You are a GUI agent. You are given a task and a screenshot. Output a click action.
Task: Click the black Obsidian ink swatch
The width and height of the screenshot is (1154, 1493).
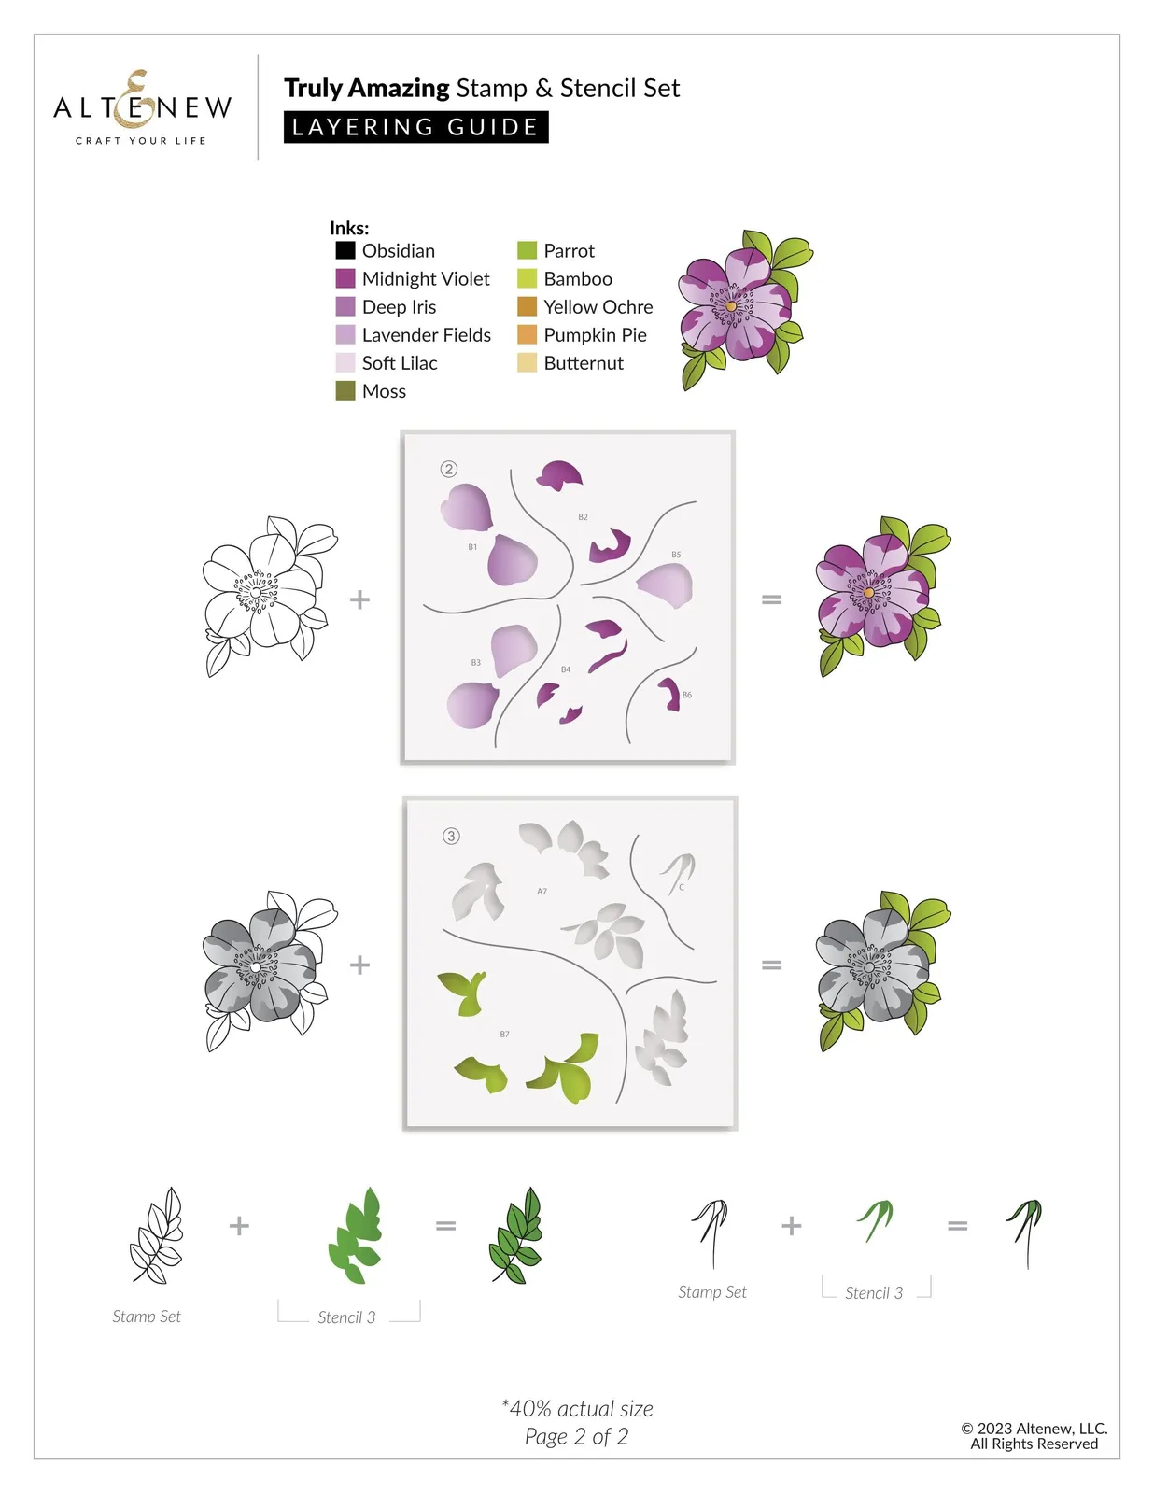[345, 250]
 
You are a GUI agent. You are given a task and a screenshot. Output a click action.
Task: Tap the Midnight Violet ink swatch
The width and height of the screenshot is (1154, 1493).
[345, 278]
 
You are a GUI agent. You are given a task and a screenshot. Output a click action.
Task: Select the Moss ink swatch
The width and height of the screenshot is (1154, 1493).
[345, 391]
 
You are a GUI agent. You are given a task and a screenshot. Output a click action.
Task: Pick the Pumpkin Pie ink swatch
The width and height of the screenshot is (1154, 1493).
[527, 334]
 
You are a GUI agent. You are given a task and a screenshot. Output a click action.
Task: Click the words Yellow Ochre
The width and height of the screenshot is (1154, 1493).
[598, 306]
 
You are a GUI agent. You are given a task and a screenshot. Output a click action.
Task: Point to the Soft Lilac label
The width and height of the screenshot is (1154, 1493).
[400, 363]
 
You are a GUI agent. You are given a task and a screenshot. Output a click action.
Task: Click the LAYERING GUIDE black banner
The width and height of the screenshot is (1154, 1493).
[415, 127]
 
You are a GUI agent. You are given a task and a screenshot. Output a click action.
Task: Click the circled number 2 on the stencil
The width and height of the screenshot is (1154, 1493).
[448, 470]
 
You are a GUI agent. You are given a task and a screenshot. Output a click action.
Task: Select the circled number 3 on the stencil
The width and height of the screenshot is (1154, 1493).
[451, 837]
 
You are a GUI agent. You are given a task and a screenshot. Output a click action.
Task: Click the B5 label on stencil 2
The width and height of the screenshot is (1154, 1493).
[676, 555]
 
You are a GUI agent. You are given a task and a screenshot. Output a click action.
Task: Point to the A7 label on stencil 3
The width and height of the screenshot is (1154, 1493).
[542, 891]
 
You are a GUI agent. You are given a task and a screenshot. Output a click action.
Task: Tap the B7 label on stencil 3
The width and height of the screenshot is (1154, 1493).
[504, 1034]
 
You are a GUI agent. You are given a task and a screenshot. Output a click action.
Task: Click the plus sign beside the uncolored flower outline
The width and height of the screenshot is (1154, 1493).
[359, 599]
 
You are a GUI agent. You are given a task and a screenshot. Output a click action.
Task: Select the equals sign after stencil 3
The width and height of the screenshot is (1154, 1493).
[771, 965]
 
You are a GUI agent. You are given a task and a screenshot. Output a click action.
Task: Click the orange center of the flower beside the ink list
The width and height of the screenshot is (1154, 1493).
[731, 305]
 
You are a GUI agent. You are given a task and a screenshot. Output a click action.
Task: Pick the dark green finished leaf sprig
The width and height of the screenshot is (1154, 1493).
[516, 1234]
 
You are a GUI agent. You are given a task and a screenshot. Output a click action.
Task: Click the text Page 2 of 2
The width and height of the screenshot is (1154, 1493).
[576, 1436]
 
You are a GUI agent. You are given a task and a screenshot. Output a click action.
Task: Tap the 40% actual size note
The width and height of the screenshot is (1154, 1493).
[577, 1408]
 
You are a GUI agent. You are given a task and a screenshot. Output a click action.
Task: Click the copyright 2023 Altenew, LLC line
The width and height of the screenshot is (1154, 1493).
[1034, 1428]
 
